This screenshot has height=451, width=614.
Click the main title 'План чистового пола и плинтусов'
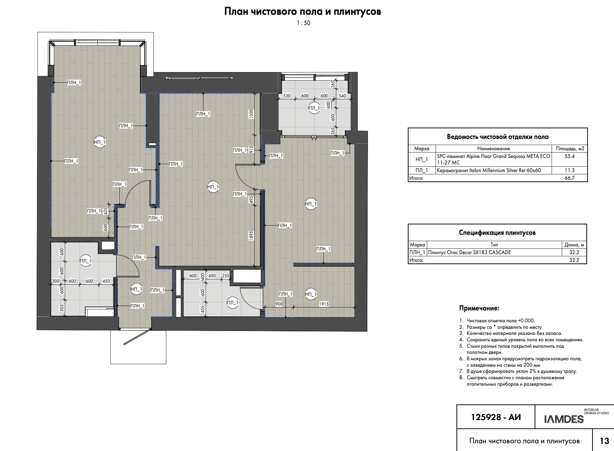tap(303, 12)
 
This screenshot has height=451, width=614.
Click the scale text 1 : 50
tap(303, 23)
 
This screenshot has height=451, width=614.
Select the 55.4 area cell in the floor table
tap(569, 156)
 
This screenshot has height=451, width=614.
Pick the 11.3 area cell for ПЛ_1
tap(569, 170)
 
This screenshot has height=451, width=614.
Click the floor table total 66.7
tap(569, 178)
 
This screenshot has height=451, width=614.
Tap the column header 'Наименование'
tap(493, 149)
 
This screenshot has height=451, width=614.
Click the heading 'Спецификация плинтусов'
tap(497, 233)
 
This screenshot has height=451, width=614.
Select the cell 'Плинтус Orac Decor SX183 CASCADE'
tap(469, 253)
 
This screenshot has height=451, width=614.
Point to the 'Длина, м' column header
tap(574, 245)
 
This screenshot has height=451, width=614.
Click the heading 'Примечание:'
tap(479, 308)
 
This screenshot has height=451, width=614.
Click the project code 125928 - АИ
tap(496, 417)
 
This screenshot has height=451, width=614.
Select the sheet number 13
tap(604, 441)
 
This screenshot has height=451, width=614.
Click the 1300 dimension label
tap(251, 114)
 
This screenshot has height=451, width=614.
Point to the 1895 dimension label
tap(251, 235)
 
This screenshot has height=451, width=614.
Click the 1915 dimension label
tap(324, 304)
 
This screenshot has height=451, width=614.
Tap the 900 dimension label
tap(279, 304)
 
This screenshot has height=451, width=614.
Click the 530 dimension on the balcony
tap(287, 96)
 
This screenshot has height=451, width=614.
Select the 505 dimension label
tap(62, 308)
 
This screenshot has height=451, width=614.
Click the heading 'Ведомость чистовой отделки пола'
tap(498, 137)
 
